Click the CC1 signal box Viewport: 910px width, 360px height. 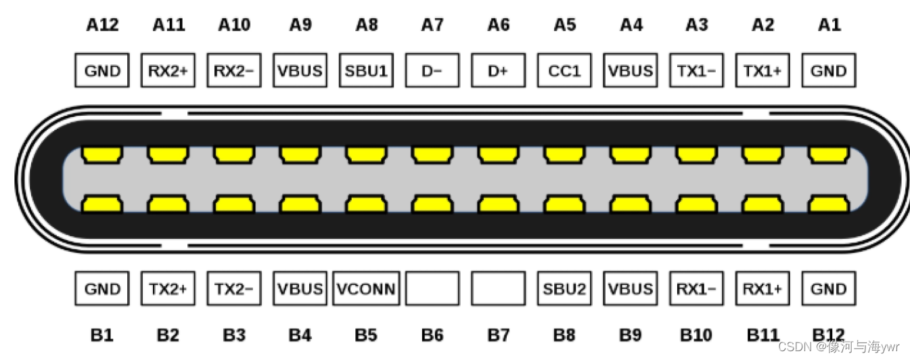[x=564, y=70]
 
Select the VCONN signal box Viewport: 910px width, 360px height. [x=366, y=289]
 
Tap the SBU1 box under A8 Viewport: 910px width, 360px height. [x=366, y=70]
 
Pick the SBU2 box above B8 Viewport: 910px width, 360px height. [x=564, y=289]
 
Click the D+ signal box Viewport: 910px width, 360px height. [x=498, y=70]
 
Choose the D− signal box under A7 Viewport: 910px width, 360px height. [x=432, y=70]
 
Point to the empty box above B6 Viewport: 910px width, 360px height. [x=432, y=289]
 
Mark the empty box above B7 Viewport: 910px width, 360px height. [x=498, y=289]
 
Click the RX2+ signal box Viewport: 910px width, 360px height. [x=168, y=70]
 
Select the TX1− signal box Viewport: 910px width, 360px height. [x=696, y=70]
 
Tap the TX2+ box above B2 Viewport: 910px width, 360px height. [x=168, y=289]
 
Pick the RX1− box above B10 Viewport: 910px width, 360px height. [x=696, y=289]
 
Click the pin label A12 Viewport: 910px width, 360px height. [x=102, y=25]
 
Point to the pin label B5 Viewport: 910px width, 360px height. [x=366, y=334]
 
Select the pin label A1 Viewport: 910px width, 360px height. [x=829, y=25]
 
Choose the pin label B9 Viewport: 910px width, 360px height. [x=630, y=334]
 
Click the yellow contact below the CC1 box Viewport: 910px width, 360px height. [x=564, y=155]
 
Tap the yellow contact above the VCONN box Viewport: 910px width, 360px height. [x=366, y=204]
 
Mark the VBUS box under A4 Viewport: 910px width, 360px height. [x=630, y=70]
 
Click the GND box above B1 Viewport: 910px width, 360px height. [x=102, y=289]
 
